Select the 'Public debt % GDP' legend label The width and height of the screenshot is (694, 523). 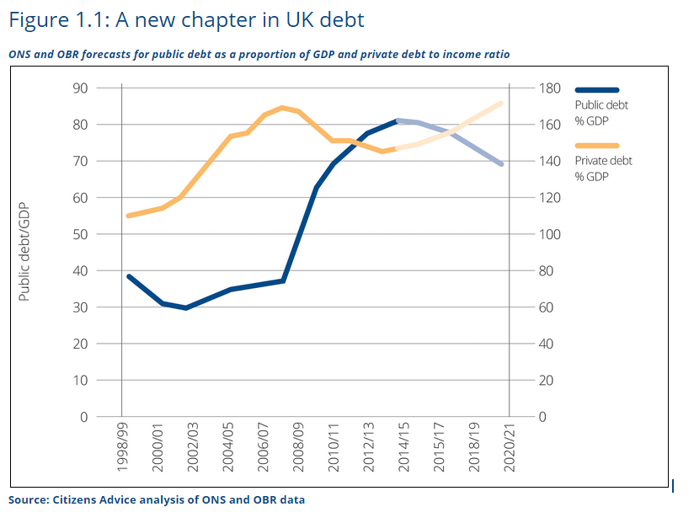601,112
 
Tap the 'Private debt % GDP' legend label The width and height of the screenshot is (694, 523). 603,168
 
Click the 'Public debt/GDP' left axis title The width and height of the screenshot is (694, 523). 24,252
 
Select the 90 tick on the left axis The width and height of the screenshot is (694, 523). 80,88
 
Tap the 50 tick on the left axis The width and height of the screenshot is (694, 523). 80,234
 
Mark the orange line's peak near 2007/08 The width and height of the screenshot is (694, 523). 282,107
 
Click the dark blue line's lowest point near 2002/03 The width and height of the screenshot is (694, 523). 185,308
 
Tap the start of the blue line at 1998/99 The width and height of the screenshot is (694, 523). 128,276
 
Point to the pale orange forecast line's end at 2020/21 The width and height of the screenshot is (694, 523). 502,103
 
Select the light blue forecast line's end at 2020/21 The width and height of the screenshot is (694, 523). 502,164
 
